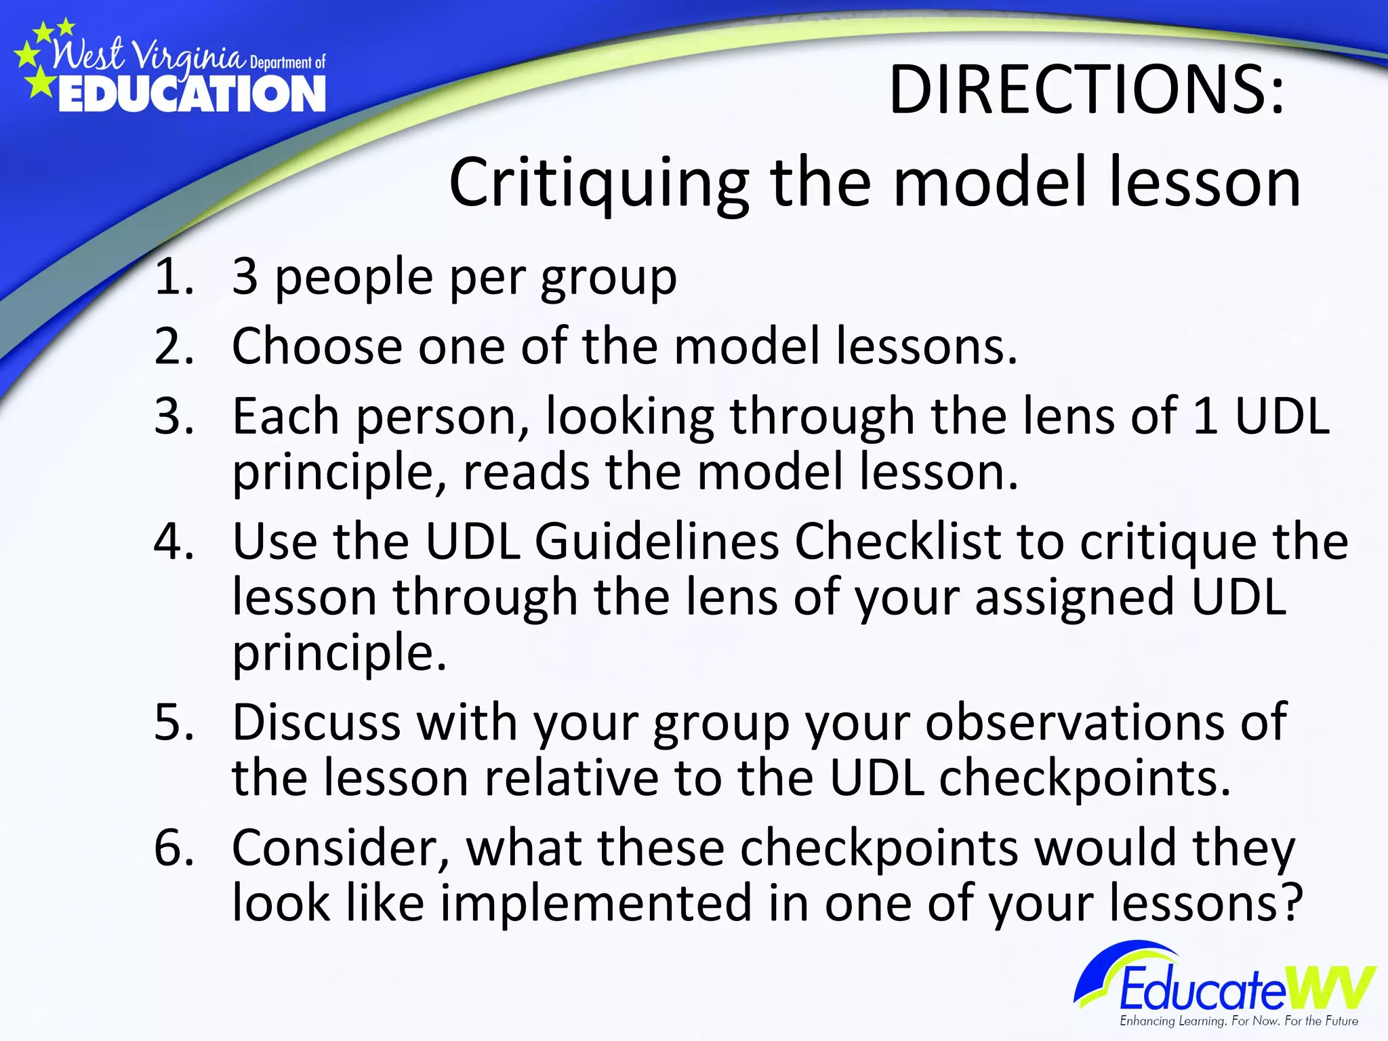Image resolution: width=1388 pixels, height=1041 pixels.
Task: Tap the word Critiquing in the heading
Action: (x=598, y=183)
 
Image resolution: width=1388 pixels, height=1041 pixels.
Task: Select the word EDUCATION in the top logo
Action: (x=192, y=94)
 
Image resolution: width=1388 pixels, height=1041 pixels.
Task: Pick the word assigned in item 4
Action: (x=1074, y=598)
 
